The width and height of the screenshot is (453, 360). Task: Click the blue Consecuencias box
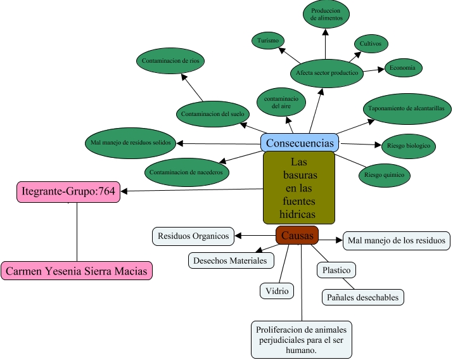(x=300, y=143)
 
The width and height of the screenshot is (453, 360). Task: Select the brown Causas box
(x=297, y=235)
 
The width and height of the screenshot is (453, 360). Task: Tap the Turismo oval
(x=269, y=41)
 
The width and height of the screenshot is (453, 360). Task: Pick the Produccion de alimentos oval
(x=326, y=15)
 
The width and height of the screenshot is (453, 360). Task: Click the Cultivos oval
(x=370, y=44)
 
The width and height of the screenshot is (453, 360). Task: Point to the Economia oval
(x=403, y=67)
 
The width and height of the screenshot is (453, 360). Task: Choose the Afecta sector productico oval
(x=327, y=73)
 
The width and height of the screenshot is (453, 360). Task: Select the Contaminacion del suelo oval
(x=212, y=114)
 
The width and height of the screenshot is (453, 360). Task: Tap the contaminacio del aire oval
(x=281, y=103)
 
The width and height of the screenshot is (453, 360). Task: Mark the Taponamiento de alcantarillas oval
(x=406, y=108)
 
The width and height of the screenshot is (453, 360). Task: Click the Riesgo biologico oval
(x=408, y=146)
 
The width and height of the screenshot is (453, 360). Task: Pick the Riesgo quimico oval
(x=384, y=175)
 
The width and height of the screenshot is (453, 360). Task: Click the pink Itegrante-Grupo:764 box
(x=68, y=191)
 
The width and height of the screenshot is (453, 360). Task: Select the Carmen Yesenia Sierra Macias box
(x=77, y=271)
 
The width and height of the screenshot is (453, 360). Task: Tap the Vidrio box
(x=277, y=291)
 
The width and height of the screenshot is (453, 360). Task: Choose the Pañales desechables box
(x=362, y=297)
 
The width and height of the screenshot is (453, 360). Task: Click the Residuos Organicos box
(x=193, y=236)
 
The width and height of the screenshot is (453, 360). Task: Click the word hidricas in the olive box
(x=298, y=214)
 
